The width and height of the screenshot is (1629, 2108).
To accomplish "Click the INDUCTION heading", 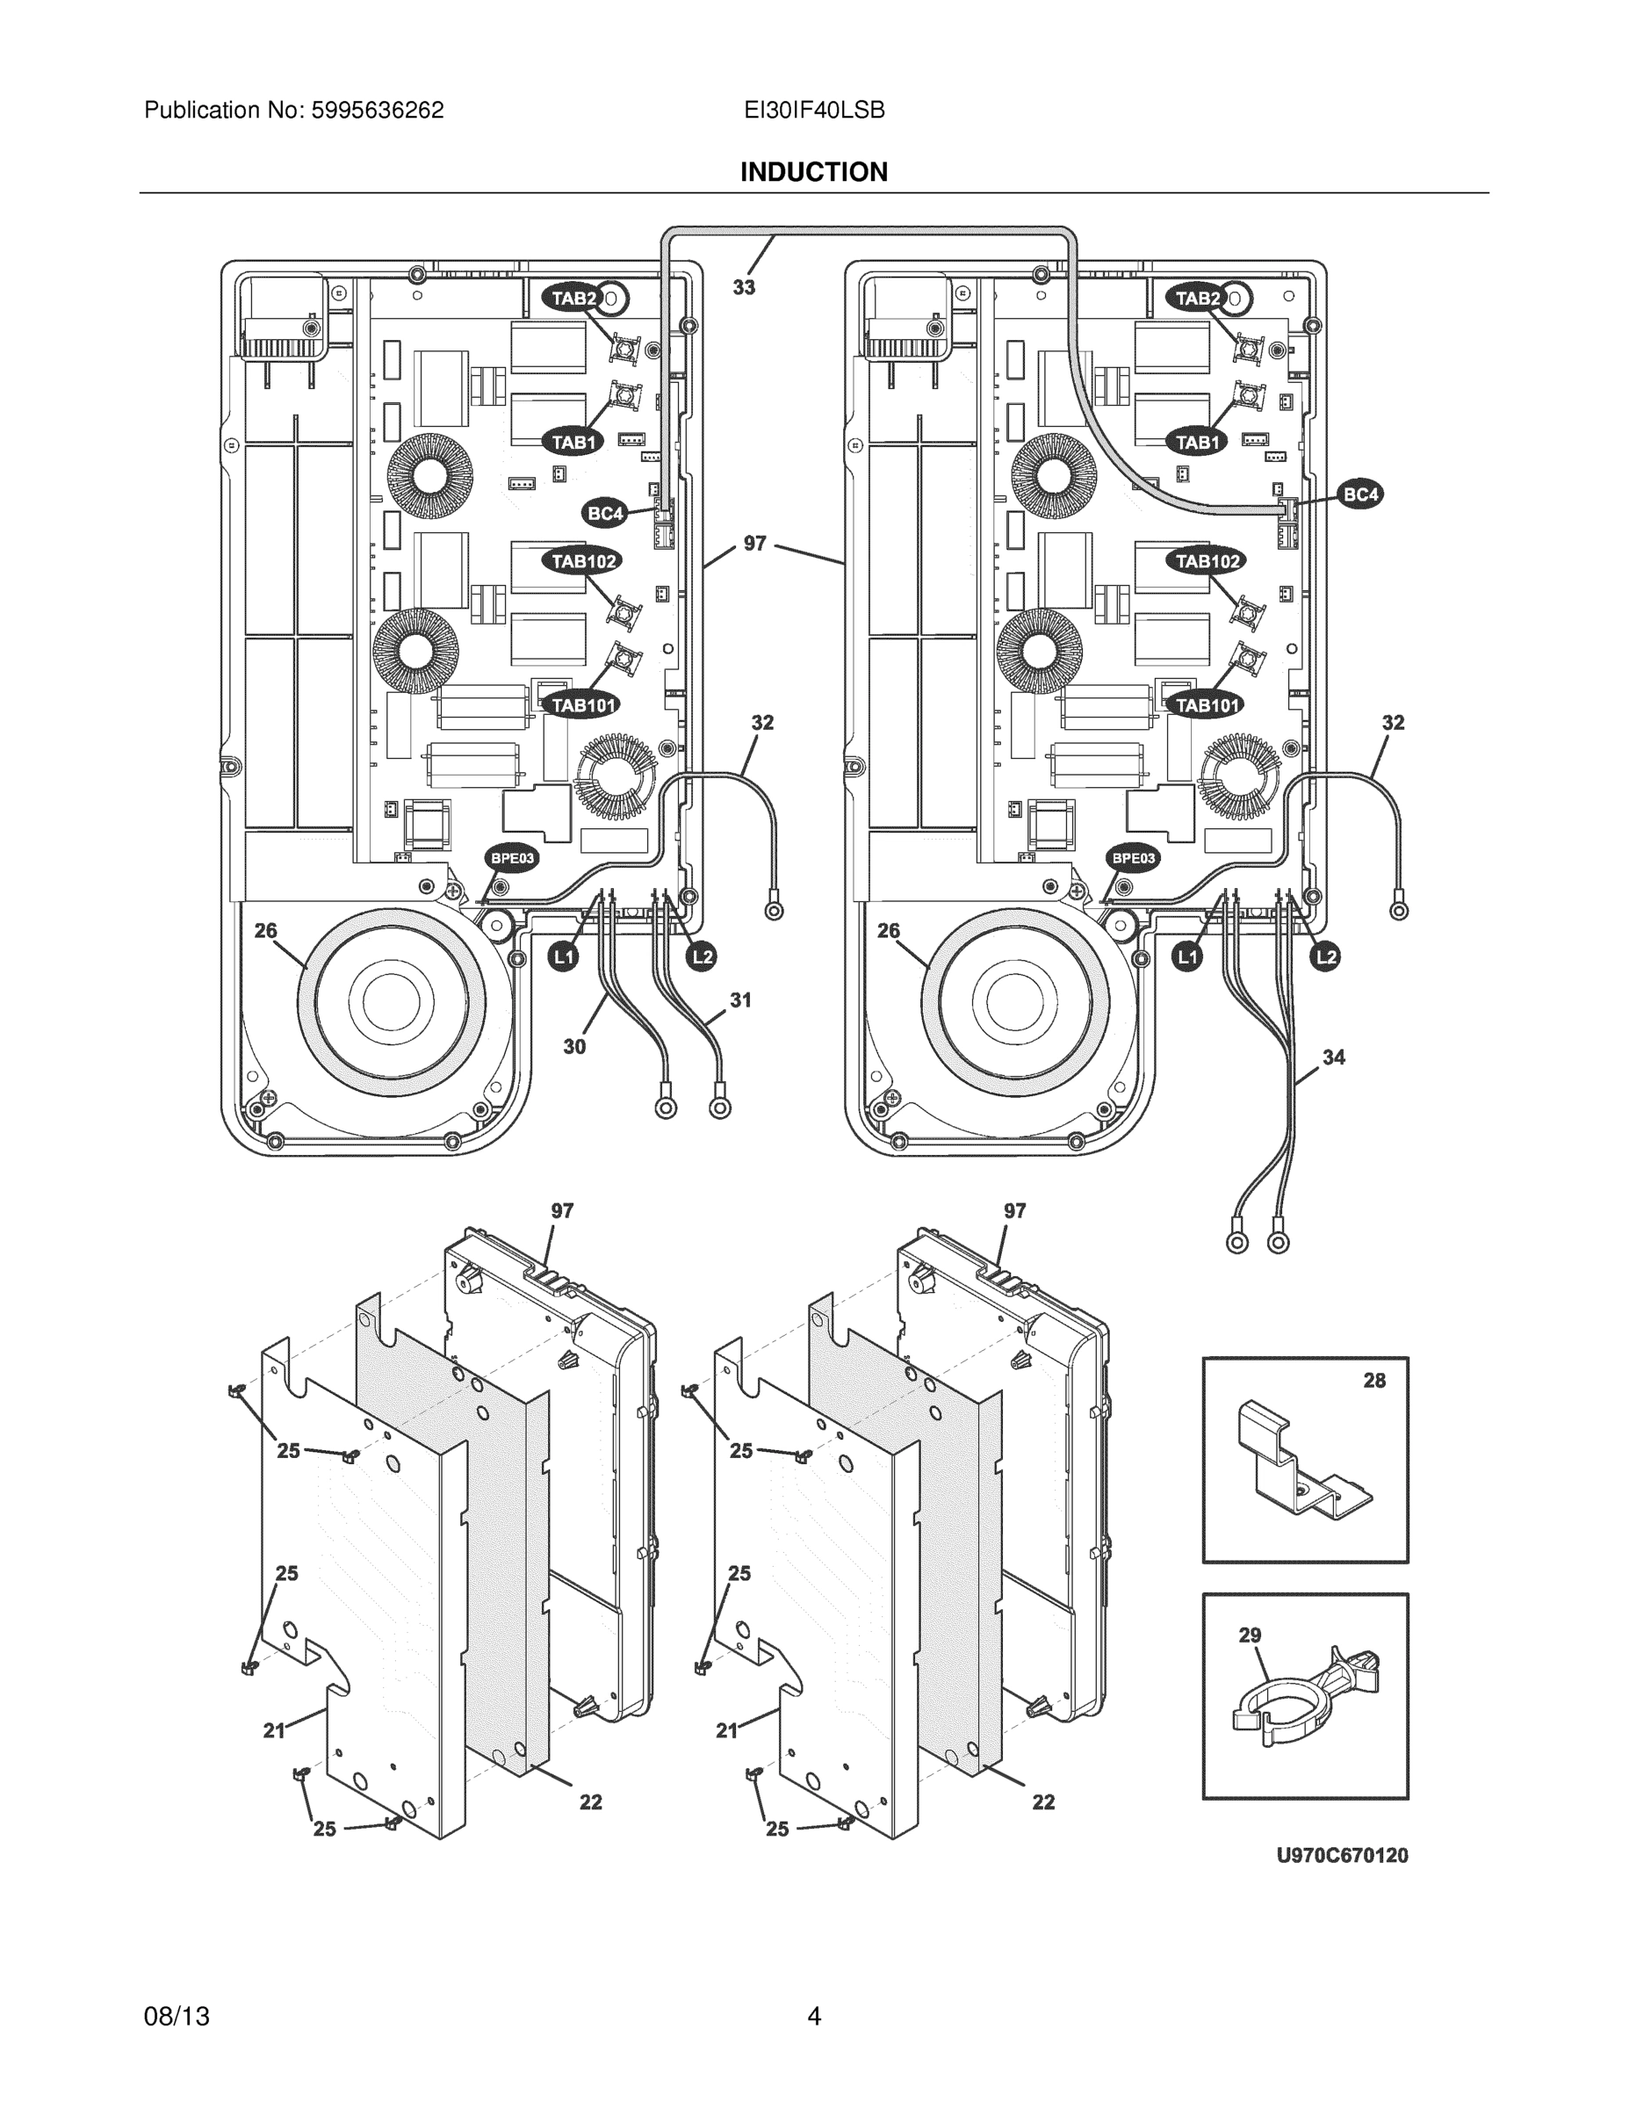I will (x=813, y=172).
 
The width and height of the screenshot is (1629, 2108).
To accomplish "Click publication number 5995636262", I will (x=378, y=110).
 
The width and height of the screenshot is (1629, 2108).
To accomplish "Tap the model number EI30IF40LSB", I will (x=813, y=110).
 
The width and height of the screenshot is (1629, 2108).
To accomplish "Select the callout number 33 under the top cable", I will (x=743, y=286).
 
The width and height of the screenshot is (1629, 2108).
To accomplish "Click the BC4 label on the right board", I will (x=1360, y=495).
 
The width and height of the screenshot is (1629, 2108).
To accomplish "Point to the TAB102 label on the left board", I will (x=583, y=560).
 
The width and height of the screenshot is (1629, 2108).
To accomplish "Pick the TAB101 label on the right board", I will (x=1207, y=705).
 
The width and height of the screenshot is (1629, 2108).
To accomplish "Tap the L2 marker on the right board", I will (x=1326, y=957).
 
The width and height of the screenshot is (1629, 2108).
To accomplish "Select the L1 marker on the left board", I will (x=564, y=957).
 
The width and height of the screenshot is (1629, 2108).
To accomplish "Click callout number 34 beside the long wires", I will (x=1334, y=1057).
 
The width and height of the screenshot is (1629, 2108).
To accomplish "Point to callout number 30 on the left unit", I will (x=574, y=1046).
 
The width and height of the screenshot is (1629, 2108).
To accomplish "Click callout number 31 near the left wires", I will (x=740, y=1000).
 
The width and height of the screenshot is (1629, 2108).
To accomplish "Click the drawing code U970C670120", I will (x=1342, y=1855).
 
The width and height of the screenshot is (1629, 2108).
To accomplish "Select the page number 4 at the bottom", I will (x=813, y=2017).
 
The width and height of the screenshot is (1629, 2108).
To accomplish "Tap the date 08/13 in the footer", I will (x=177, y=2017).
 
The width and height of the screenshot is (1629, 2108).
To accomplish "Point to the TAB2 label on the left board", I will (x=574, y=299).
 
